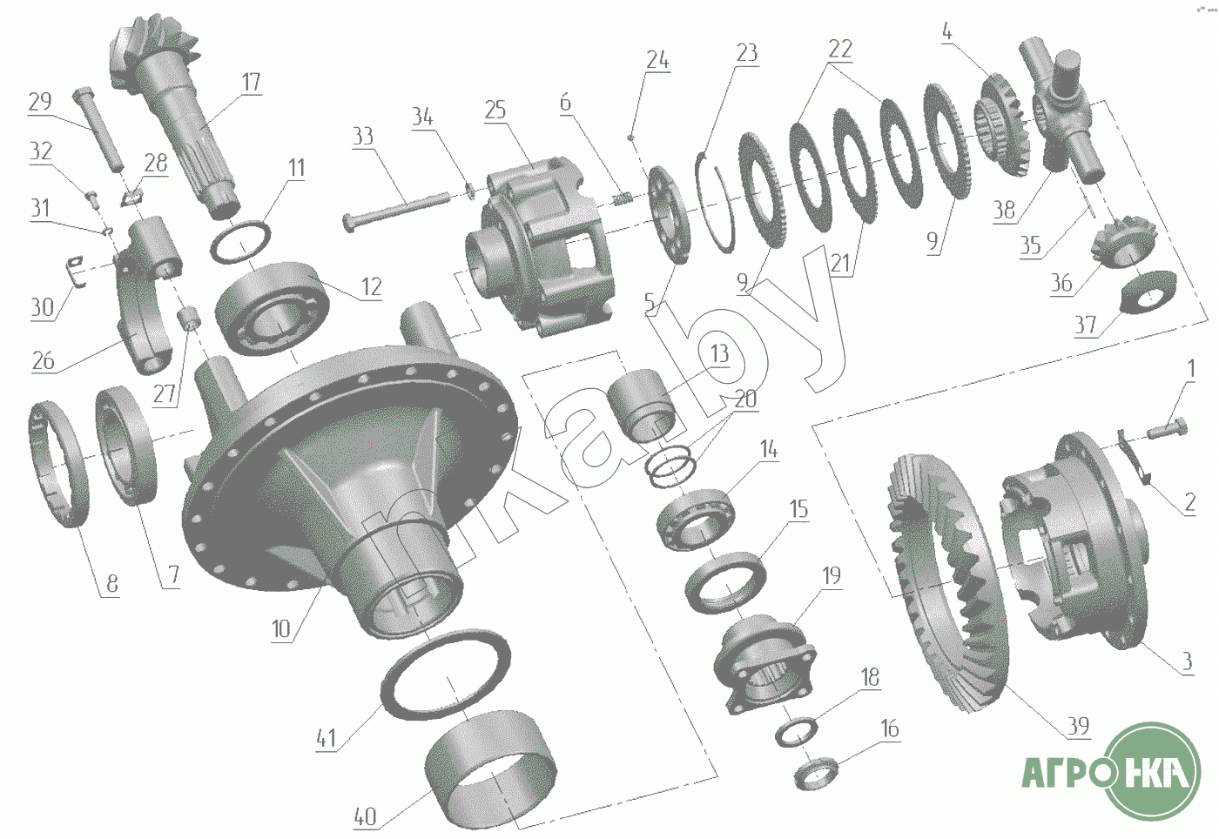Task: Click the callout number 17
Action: (251, 82)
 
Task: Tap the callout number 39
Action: (1078, 725)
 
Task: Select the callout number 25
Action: (495, 110)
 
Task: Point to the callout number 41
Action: (326, 738)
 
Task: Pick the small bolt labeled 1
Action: (1166, 433)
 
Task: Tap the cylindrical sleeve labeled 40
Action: (490, 769)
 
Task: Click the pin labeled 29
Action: (98, 130)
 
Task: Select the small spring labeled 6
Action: (622, 199)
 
